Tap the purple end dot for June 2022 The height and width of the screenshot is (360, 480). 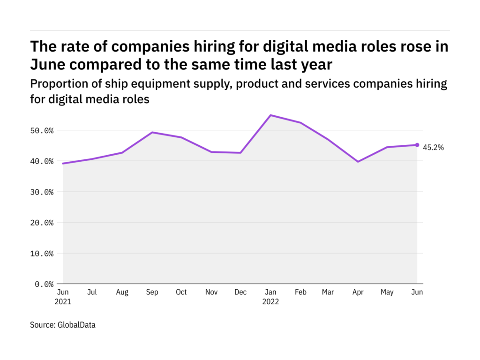click(x=417, y=145)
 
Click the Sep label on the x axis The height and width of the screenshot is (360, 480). click(x=151, y=292)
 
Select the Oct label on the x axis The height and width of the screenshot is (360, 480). click(x=181, y=292)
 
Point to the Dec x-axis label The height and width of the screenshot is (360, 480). click(x=240, y=292)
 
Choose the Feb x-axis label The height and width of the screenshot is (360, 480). click(x=300, y=292)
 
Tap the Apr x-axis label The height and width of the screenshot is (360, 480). click(x=358, y=292)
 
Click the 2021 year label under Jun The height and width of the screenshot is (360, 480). click(x=63, y=302)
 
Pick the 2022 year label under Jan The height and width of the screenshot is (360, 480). click(x=270, y=302)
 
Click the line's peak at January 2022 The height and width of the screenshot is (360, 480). click(x=270, y=115)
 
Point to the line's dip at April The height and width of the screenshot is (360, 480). click(x=358, y=162)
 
